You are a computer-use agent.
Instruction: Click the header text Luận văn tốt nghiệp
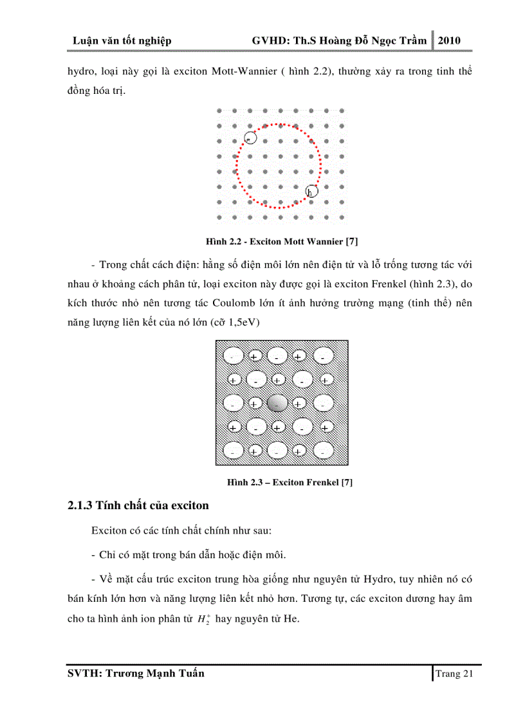[x=122, y=42]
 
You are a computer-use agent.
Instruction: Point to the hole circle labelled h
[x=311, y=192]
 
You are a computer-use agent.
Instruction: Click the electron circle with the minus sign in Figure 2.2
[x=250, y=138]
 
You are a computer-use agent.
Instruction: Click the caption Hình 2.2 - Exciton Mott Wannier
[x=282, y=241]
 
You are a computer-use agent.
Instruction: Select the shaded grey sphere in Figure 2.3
[x=277, y=404]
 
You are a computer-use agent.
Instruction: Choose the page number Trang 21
[x=454, y=674]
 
